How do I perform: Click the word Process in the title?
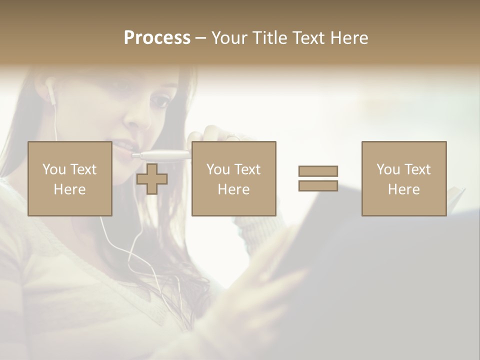(157, 38)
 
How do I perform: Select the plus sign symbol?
(152, 179)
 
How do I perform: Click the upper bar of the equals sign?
(318, 171)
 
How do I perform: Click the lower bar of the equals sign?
(318, 185)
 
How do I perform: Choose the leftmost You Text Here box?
(69, 178)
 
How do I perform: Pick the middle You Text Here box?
(233, 178)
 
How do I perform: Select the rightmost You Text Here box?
(403, 178)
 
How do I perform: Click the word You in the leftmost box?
(54, 169)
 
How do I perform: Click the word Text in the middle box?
(247, 169)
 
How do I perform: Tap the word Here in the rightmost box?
(403, 189)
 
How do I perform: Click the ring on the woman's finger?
(232, 136)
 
